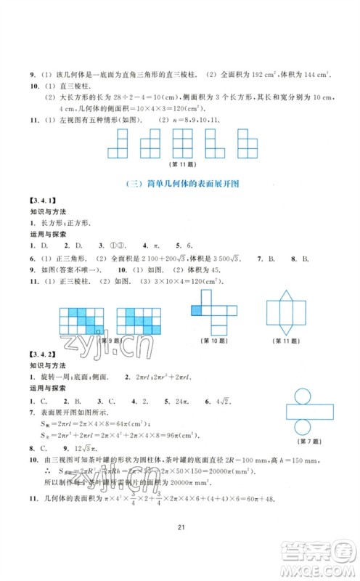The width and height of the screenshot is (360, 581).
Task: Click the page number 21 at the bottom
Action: point(179,552)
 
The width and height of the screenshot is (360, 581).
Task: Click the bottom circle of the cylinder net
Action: point(306,423)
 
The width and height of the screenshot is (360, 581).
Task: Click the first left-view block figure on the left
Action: point(118,144)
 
